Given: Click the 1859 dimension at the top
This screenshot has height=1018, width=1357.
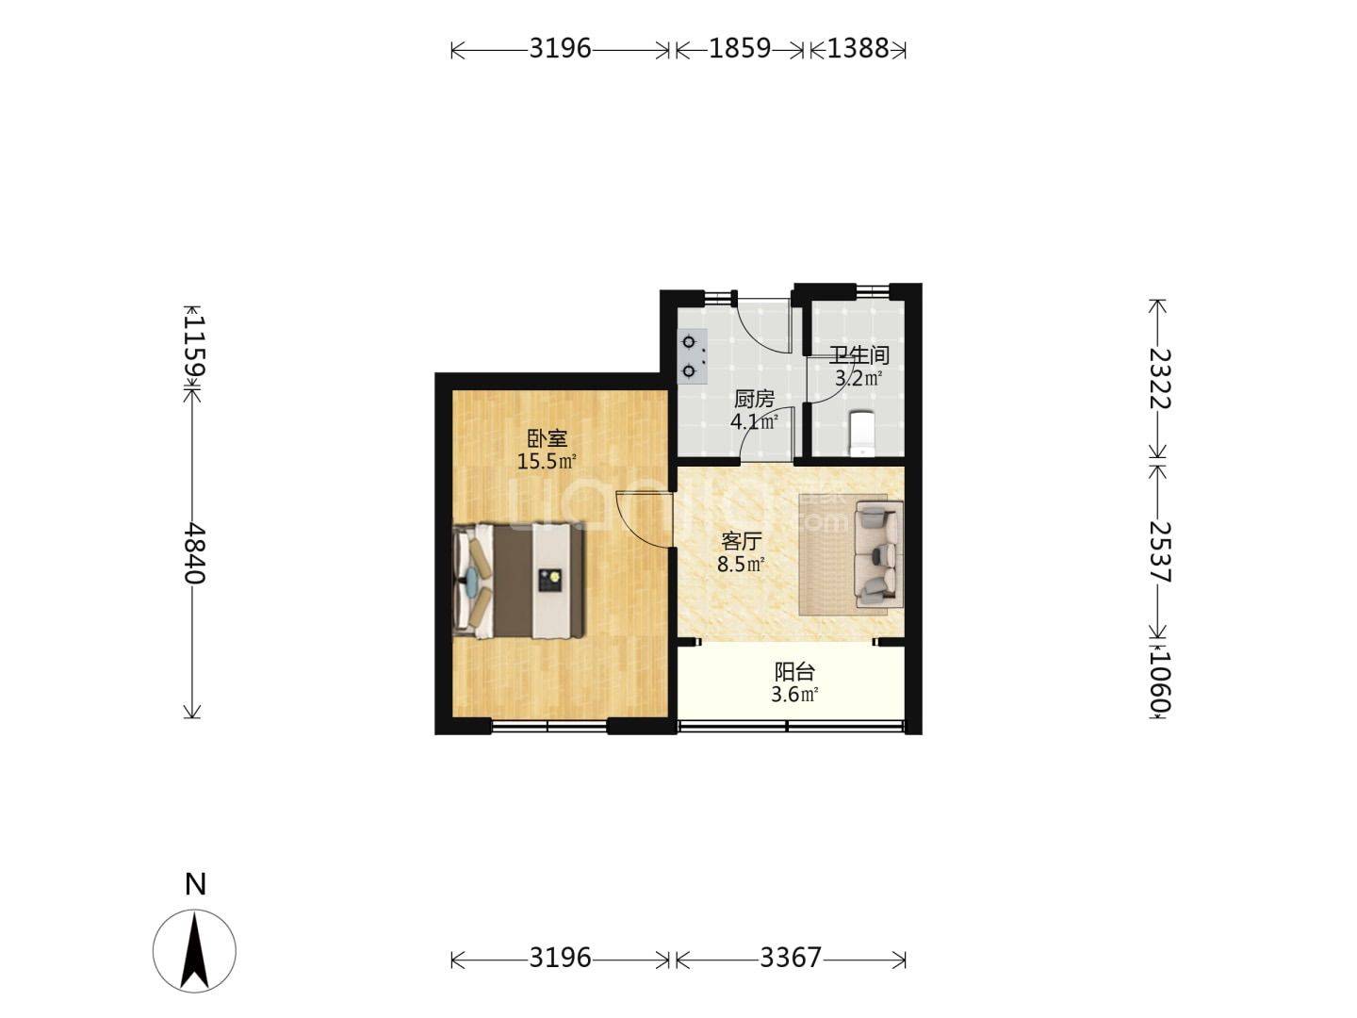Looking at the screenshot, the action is pos(739,48).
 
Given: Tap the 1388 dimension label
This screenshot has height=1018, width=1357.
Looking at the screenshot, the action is pos(858,48).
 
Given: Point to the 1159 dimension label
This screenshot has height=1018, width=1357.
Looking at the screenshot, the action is pos(194,346).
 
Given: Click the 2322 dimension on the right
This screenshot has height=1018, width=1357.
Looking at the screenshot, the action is pos(1158,378).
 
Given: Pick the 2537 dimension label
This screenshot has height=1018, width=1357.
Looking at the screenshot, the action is pos(1158,552).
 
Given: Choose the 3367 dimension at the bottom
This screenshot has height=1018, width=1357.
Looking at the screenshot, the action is pos(790,958).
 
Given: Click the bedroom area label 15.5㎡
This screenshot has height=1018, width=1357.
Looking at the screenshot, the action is pos(547,461).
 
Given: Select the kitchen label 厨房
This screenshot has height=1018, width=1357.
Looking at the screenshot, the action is pos(754,400).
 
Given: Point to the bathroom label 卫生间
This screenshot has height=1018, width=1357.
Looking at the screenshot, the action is pos(858,355).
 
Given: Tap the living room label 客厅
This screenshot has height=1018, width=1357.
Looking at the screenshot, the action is pos(741,542).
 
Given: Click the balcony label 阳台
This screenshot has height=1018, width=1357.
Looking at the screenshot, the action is pos(794,672).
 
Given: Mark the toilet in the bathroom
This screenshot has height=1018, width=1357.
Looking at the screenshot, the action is pos(862,434).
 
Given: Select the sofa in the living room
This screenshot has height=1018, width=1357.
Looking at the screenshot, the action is pos(878,554).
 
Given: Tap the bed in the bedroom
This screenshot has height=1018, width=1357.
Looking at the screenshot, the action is pos(518,581).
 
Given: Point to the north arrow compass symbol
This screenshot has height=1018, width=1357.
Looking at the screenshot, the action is pos(194,951).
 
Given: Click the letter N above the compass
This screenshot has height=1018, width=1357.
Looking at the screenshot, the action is pos(195,885).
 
